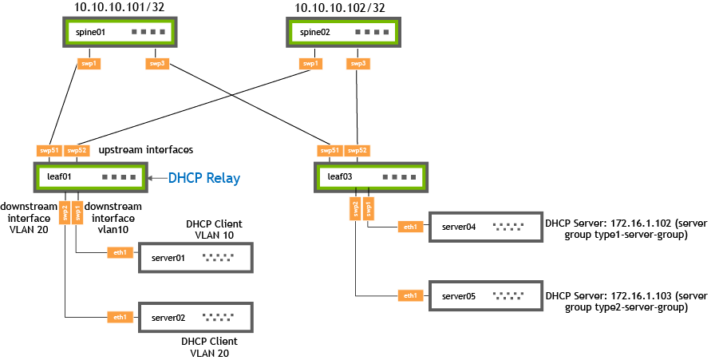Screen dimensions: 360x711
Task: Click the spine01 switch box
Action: pos(119,33)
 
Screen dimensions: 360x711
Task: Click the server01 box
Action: pos(195,257)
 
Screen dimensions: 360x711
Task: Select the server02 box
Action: pos(195,318)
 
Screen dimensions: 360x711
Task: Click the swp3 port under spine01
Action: pos(157,63)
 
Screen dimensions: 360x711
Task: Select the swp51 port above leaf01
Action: pos(49,149)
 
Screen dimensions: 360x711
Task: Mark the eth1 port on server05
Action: pos(410,295)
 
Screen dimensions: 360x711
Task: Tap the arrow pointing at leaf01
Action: pos(157,177)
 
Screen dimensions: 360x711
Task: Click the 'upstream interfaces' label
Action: pos(146,149)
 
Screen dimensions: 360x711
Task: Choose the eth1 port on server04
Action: pos(410,227)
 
